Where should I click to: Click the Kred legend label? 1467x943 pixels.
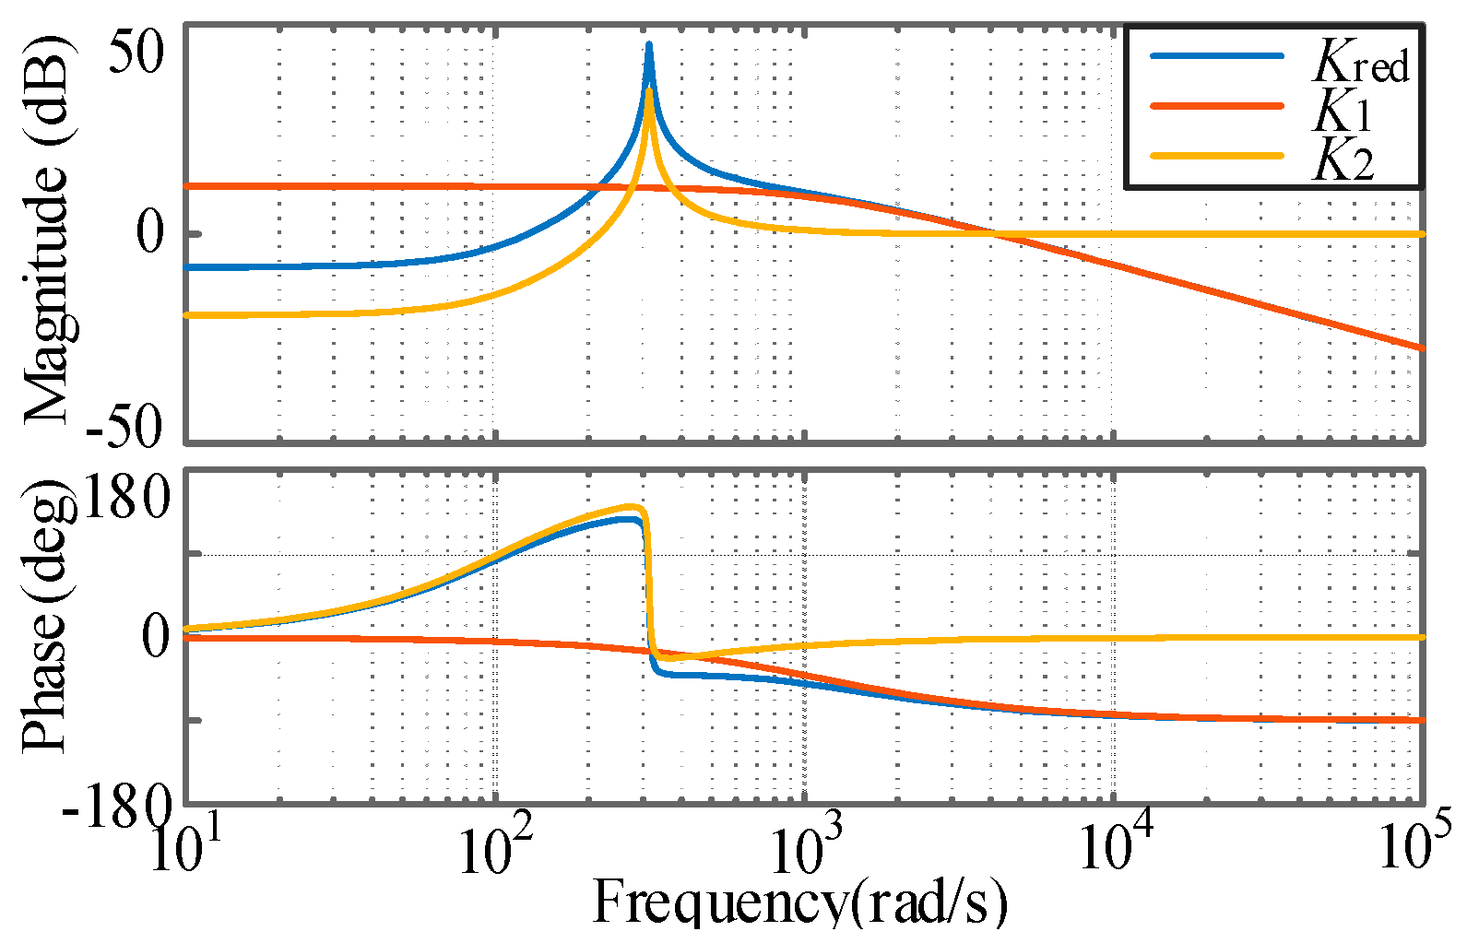1361,63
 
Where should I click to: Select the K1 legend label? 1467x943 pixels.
1343,112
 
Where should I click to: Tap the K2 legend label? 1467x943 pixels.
1343,160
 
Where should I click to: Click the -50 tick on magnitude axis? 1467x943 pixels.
124,427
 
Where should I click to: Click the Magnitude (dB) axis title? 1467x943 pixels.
46,230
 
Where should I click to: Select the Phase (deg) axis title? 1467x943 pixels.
46,616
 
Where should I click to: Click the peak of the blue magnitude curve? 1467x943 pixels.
649,44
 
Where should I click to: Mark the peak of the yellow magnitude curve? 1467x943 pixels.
650,90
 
